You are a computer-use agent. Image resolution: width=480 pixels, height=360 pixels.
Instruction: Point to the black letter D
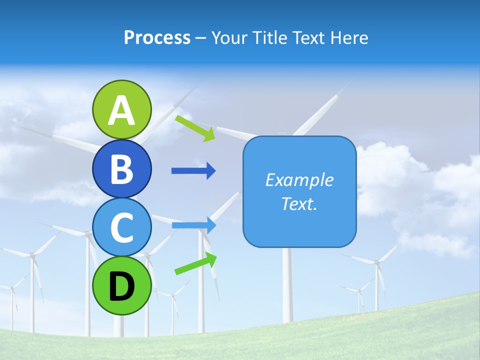tap(121, 287)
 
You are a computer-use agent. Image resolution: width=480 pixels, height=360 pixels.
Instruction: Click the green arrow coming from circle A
tap(194, 128)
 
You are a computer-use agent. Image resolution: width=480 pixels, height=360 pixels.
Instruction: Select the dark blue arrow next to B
tap(193, 171)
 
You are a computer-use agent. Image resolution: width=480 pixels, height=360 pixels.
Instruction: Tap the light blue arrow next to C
tap(193, 225)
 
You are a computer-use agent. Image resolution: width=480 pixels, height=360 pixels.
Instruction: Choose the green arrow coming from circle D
tap(195, 264)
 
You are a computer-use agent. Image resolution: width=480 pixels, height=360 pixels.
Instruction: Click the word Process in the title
tap(157, 38)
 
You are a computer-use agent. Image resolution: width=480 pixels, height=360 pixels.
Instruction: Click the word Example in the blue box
tap(299, 180)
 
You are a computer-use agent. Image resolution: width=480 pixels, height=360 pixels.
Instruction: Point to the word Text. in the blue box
tap(299, 204)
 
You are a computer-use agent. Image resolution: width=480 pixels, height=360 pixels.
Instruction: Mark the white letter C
tap(121, 227)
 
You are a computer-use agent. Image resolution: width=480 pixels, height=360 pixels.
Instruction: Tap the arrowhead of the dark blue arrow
tap(211, 171)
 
